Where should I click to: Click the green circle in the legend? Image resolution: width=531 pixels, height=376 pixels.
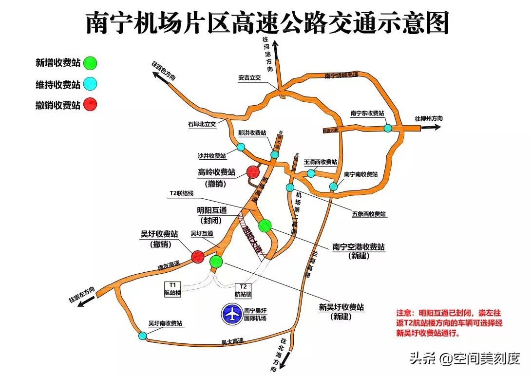tap(90, 63)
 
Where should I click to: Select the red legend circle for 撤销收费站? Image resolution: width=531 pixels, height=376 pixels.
tap(90, 105)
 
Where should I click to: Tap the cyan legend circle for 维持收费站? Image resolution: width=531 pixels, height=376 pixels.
tap(90, 84)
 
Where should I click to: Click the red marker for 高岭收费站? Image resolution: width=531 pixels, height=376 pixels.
tap(253, 171)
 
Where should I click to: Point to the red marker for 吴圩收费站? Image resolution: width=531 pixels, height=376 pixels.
tap(198, 256)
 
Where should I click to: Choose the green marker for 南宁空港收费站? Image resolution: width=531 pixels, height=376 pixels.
tap(265, 226)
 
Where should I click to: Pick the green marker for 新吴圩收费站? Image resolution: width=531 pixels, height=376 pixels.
tap(216, 262)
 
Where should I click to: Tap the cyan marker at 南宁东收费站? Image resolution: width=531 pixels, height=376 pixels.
tap(388, 128)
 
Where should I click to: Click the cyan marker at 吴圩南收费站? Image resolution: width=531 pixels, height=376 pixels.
tap(142, 335)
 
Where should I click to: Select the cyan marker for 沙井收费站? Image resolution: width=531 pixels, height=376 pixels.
tap(241, 147)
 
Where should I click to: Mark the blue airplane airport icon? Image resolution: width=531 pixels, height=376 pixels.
tap(232, 314)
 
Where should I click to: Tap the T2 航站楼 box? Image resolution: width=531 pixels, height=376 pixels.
tap(243, 290)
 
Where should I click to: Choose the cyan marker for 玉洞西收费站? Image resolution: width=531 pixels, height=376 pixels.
tap(311, 173)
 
